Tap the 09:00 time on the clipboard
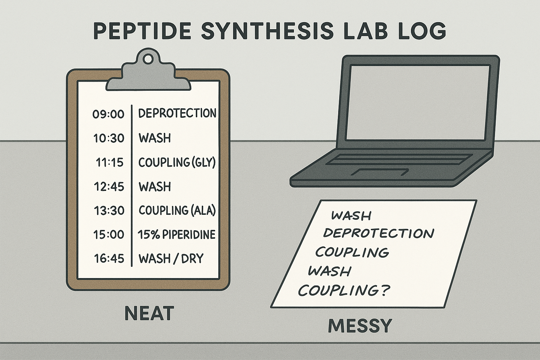(109, 114)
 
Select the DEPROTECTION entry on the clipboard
(177, 113)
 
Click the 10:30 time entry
(109, 139)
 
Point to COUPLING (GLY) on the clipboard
(177, 162)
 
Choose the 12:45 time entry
(109, 186)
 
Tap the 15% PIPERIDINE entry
(176, 234)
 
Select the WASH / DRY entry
(171, 258)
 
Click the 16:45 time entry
(109, 258)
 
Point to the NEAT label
(149, 313)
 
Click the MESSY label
(360, 326)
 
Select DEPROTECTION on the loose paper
(379, 233)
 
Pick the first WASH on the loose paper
(351, 215)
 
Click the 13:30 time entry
(109, 210)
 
